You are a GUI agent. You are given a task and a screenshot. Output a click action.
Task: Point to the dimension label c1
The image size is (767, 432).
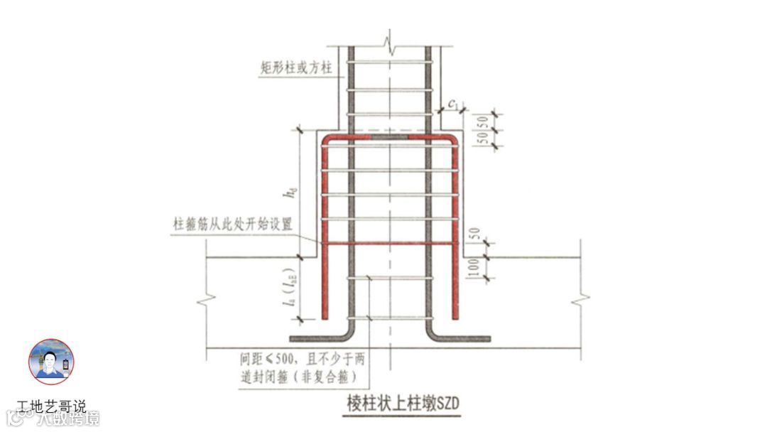click(453, 105)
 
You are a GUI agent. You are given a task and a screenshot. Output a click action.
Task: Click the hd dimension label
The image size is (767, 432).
click(287, 192)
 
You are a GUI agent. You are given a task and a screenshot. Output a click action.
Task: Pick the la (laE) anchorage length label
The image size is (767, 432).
click(287, 292)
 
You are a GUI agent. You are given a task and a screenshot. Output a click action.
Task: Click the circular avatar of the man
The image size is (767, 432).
click(50, 362)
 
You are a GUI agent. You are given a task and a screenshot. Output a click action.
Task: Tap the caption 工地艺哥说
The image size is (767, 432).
click(51, 407)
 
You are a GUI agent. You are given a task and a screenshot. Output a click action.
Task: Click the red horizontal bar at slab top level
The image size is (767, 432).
click(388, 244)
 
